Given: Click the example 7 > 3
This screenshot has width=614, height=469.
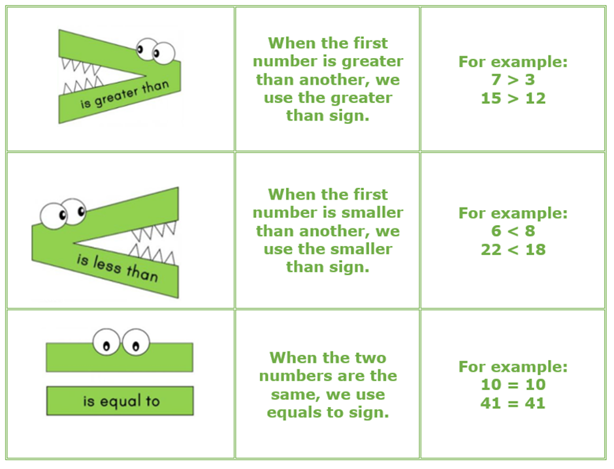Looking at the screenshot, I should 513,81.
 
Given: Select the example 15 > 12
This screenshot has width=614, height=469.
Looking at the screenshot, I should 513,99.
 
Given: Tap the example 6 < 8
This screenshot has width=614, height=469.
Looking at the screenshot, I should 513,231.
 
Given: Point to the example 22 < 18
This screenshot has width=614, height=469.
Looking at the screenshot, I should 513,249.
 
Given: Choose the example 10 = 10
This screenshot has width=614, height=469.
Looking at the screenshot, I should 513,384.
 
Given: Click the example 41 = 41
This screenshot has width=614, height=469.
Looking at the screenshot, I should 513,402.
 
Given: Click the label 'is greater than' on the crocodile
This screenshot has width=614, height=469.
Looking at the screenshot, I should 123,95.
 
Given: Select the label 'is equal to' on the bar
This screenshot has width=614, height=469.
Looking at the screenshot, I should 121,401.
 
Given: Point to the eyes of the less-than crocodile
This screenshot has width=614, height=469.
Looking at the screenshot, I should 63,212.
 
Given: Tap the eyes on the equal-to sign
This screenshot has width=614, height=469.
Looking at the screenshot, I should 120,342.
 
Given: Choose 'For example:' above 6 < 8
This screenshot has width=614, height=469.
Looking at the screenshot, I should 513,213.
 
